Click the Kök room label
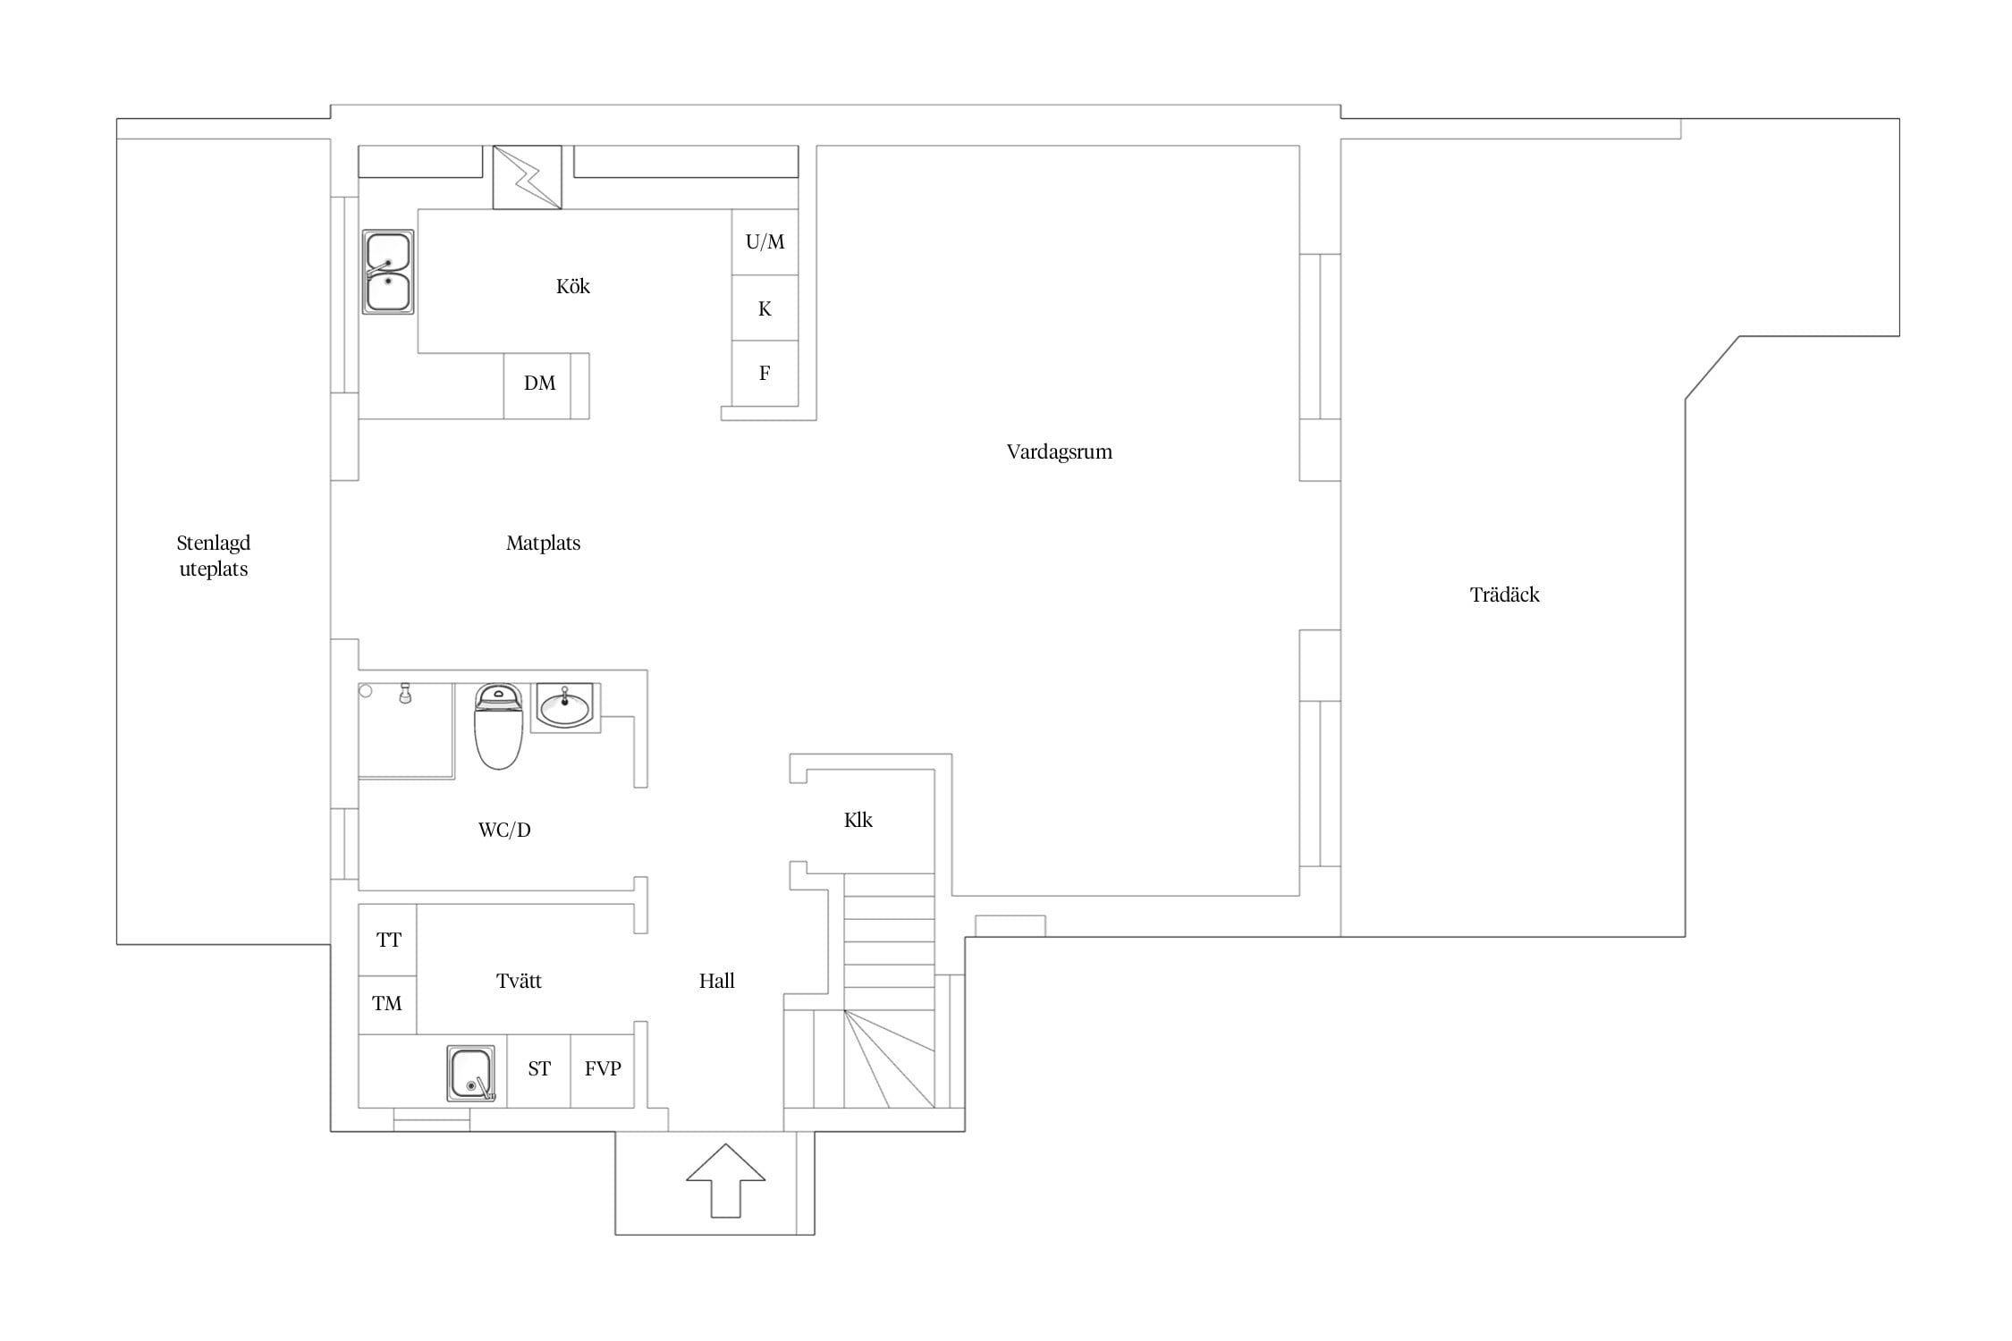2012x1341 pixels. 572,286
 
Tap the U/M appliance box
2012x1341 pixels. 765,241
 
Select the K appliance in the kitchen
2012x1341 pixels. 765,308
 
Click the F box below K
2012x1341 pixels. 765,373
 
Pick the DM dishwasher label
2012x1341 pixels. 539,384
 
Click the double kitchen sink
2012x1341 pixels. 388,272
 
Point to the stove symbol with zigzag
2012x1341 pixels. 528,177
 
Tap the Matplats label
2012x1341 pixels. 543,543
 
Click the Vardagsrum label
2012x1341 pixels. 1060,451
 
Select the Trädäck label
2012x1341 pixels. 1505,595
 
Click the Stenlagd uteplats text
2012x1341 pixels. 214,556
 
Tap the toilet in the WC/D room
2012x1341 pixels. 498,727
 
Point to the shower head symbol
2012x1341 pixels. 405,694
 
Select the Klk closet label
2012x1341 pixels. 858,820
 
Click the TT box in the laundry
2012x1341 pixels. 388,940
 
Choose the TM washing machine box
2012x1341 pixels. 388,1004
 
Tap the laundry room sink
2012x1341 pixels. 471,1073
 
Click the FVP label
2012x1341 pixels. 603,1068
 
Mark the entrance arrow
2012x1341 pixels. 725,1180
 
